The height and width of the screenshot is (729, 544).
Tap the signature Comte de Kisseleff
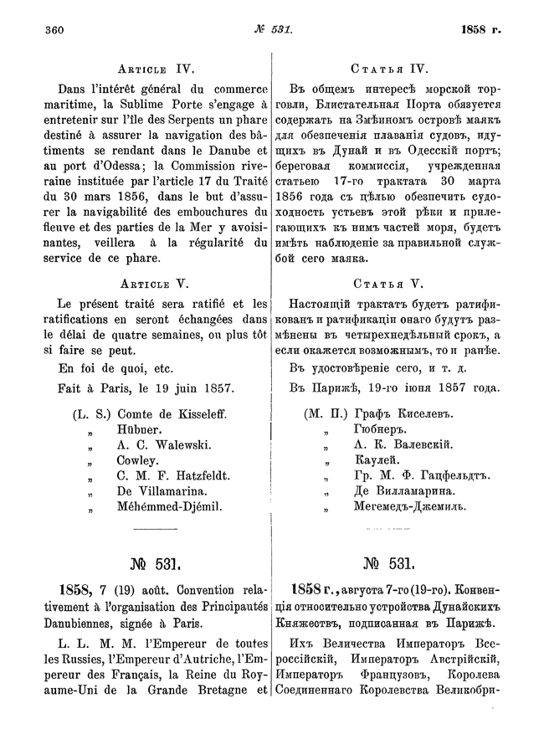173,414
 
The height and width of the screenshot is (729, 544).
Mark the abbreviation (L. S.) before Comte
92,414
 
